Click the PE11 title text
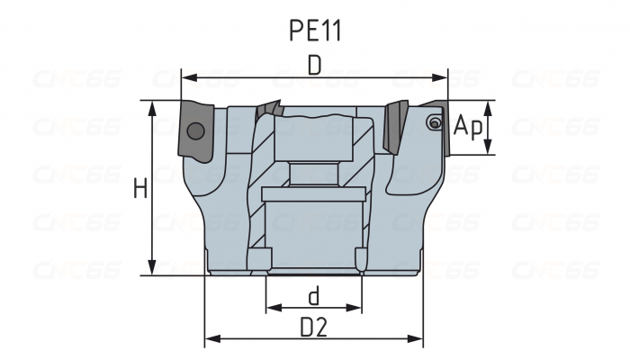point(315,31)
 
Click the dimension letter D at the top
point(315,65)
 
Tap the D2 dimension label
point(314,328)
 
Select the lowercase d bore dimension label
point(314,296)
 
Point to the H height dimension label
point(140,188)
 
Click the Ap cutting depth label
point(468,126)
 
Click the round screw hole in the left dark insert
point(195,130)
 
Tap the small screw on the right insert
point(435,122)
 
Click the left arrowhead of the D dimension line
point(188,77)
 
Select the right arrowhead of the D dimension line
point(440,77)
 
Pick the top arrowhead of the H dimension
point(152,108)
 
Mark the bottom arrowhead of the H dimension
point(152,268)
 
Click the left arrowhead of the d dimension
point(274,308)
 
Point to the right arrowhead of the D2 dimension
point(416,338)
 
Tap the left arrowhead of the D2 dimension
point(212,338)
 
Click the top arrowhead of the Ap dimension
point(488,108)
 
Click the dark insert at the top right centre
point(396,127)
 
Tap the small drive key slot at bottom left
point(259,260)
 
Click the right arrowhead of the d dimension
point(354,308)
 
